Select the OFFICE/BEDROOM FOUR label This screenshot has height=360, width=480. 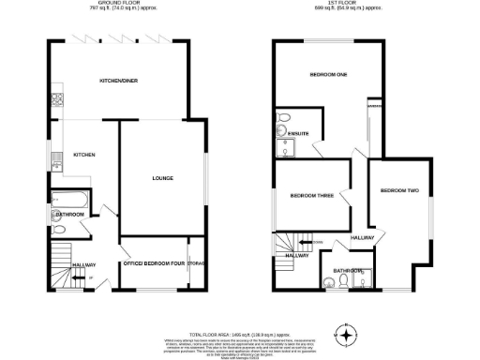pyautogui.click(x=153, y=263)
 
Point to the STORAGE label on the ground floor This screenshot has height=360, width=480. pyautogui.click(x=197, y=263)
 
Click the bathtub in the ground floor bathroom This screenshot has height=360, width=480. pyautogui.click(x=69, y=199)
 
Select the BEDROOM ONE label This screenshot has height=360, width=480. pyautogui.click(x=328, y=74)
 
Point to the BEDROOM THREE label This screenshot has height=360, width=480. pyautogui.click(x=309, y=195)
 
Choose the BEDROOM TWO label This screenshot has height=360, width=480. pyautogui.click(x=398, y=190)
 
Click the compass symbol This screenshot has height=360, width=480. pyautogui.click(x=347, y=334)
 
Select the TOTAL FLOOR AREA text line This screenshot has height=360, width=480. pyautogui.click(x=239, y=335)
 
